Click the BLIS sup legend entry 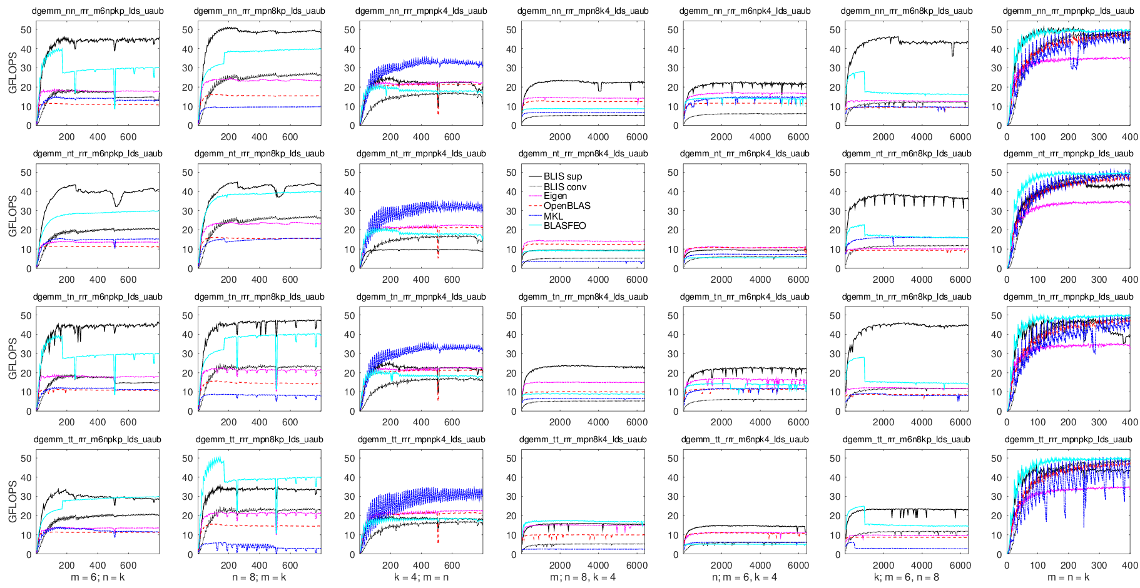(x=562, y=177)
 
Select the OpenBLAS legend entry (x=567, y=206)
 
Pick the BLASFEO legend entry (x=564, y=226)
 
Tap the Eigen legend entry (x=555, y=196)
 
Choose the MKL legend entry (x=553, y=216)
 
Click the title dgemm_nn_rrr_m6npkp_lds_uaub (x=97, y=11)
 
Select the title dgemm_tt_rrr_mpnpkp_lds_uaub (x=1068, y=440)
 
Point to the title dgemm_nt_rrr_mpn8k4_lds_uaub (x=583, y=154)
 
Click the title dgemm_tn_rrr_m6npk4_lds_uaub (x=745, y=297)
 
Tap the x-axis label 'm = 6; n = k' (x=98, y=577)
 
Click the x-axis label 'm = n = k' (x=1068, y=577)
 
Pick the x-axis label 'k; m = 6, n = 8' (x=906, y=577)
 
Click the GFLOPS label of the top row (x=13, y=77)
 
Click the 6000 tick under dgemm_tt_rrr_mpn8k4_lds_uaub (x=636, y=565)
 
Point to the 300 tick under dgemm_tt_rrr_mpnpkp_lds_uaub (x=1099, y=565)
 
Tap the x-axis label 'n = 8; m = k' (x=259, y=577)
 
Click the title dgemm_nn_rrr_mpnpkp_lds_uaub (x=1068, y=11)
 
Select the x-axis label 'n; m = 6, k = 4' (x=745, y=577)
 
